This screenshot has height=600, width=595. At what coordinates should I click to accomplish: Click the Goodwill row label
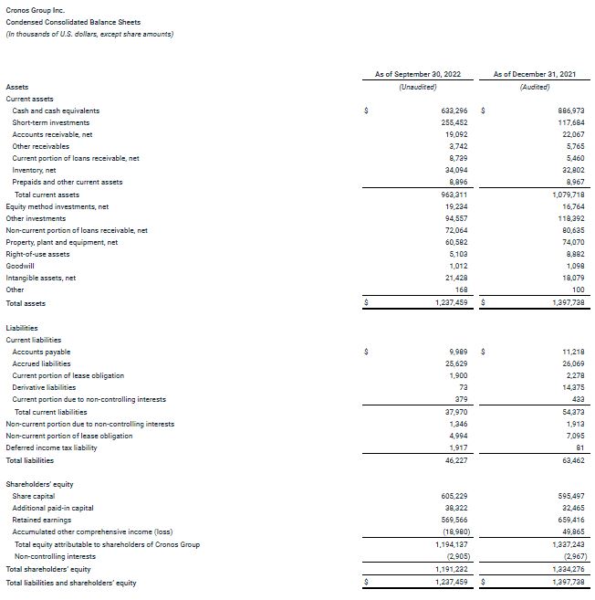[22, 266]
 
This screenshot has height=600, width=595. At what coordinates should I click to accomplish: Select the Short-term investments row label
[51, 122]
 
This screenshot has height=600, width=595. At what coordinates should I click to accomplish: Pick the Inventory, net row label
[35, 170]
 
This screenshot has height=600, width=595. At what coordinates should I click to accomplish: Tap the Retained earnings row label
[42, 520]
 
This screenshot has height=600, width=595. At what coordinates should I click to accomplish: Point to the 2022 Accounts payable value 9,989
[459, 352]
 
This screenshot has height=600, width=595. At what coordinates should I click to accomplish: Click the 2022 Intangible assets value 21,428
[455, 278]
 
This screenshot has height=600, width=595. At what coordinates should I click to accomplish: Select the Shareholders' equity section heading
[39, 483]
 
